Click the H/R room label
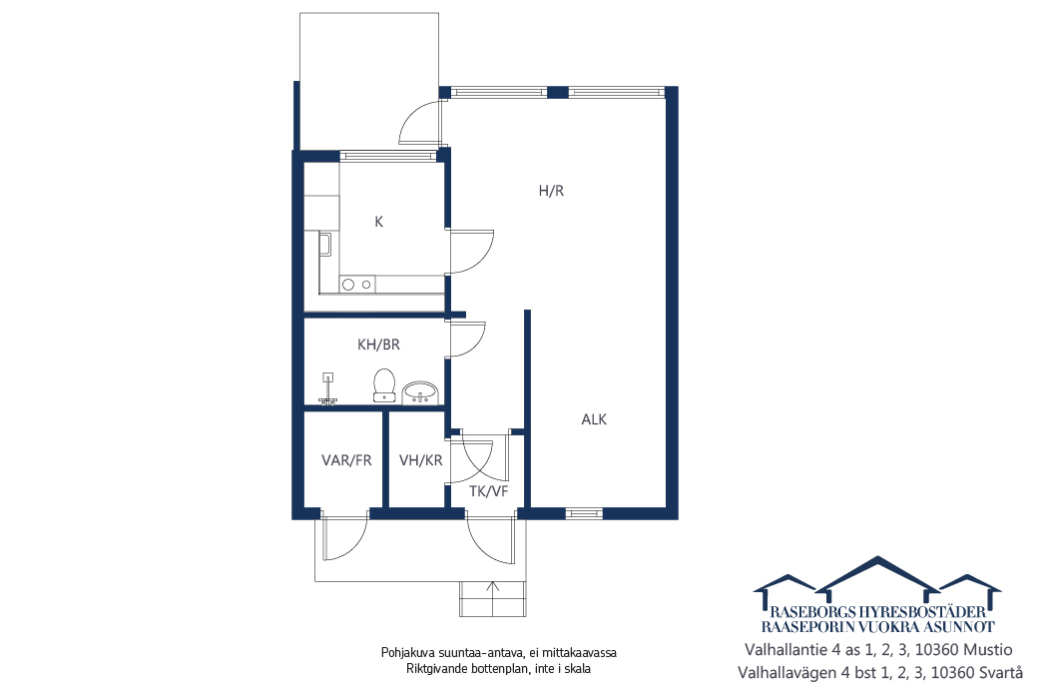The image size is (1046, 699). pyautogui.click(x=551, y=191)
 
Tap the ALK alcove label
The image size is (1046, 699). pyautogui.click(x=594, y=419)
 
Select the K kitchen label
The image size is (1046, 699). pyautogui.click(x=379, y=222)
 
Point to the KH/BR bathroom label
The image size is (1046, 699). pyautogui.click(x=378, y=345)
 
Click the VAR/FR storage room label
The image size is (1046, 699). pyautogui.click(x=346, y=460)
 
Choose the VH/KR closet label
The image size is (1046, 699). pyautogui.click(x=420, y=460)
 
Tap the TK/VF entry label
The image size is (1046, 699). pyautogui.click(x=488, y=491)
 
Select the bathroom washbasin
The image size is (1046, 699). pyautogui.click(x=420, y=391)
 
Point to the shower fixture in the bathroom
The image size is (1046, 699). pyautogui.click(x=328, y=388)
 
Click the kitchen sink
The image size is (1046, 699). pyautogui.click(x=324, y=245)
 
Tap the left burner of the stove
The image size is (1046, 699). pyautogui.click(x=348, y=285)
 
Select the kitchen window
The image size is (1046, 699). pyautogui.click(x=387, y=156)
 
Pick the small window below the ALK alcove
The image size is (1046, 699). pyautogui.click(x=584, y=513)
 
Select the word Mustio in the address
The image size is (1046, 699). pyautogui.click(x=989, y=650)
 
